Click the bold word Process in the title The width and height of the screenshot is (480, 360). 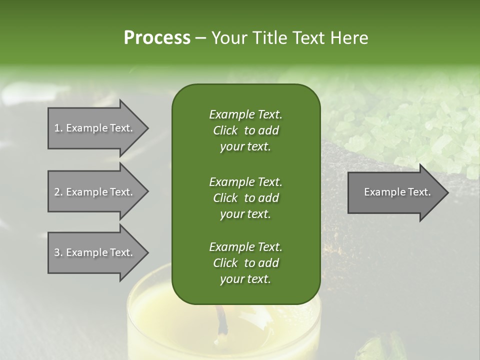157,38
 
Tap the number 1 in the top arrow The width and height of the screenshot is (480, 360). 57,128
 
